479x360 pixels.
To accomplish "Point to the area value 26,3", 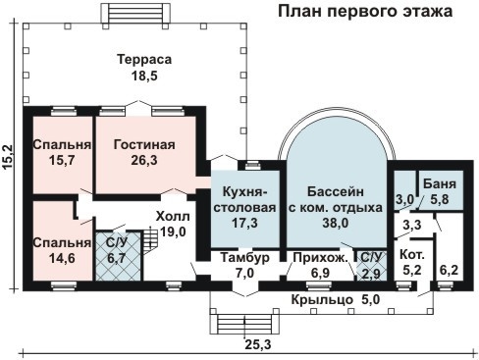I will (143, 161).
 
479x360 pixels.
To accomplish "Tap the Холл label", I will (174, 216).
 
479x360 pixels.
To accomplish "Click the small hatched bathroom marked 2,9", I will (370, 265).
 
